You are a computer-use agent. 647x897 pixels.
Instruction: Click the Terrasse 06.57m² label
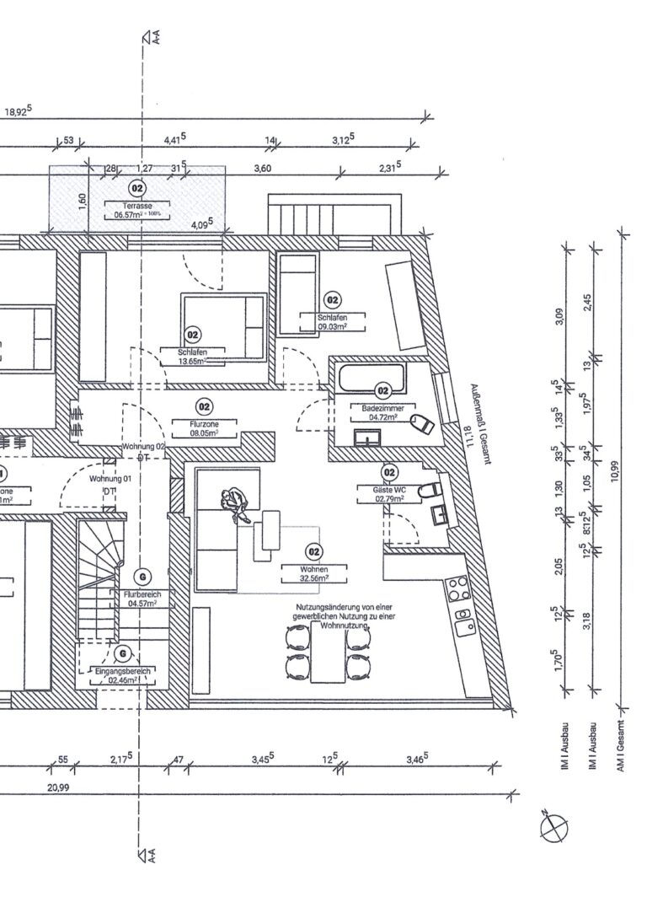click(x=136, y=210)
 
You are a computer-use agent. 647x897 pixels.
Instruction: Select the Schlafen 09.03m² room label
click(x=333, y=321)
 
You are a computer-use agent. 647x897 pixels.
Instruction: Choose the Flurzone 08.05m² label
click(x=203, y=429)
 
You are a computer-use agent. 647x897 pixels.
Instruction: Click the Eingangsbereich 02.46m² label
click(x=123, y=674)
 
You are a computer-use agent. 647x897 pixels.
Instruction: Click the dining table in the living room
click(x=329, y=655)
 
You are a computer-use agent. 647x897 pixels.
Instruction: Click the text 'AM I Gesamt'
click(x=621, y=747)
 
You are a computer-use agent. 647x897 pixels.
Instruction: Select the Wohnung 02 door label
click(x=142, y=445)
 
